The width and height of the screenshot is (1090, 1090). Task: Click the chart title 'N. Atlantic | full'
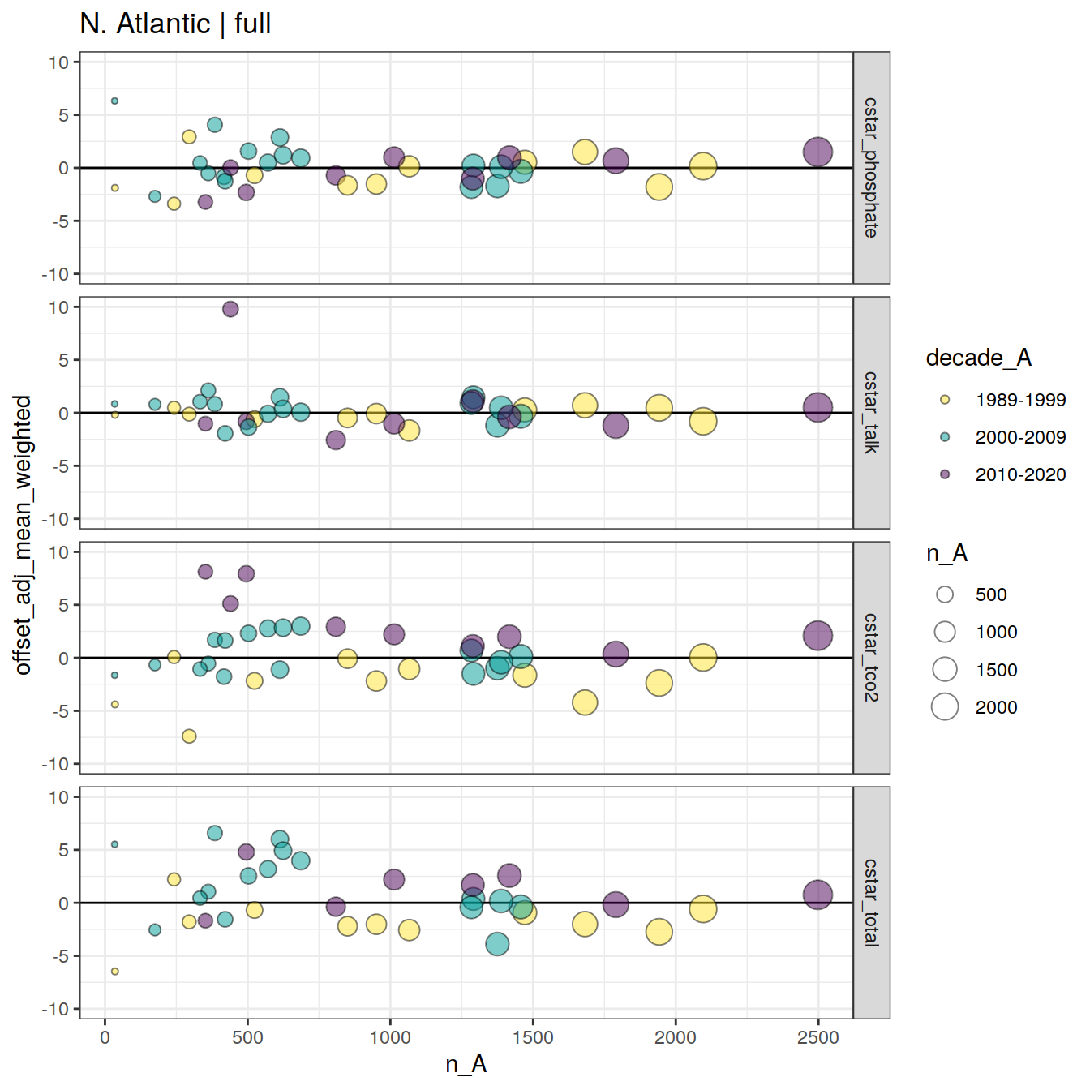pos(175,24)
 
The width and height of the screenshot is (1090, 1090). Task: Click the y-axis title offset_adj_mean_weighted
pos(23,535)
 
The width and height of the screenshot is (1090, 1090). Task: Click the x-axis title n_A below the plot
pos(466,1064)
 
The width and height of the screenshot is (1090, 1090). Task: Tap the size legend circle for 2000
pos(945,707)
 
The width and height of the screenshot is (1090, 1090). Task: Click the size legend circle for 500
pos(945,594)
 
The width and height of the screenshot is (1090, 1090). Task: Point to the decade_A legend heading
pos(978,358)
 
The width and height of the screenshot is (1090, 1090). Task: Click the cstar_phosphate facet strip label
pos(871,168)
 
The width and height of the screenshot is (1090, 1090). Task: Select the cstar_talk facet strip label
pos(871,413)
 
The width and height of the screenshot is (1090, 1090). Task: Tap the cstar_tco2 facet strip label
pos(871,658)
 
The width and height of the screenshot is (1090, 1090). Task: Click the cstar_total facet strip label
pos(871,903)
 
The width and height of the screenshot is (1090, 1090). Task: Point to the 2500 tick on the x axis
pos(818,1037)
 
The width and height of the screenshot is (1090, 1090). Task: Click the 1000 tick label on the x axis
pos(390,1037)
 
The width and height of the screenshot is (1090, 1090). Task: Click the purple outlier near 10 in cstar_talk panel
pos(230,309)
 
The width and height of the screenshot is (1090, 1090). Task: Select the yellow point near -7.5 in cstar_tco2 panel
pos(189,736)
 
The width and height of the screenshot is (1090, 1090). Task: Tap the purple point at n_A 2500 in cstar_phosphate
pos(817,152)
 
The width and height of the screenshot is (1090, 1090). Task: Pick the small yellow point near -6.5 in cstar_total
pos(115,971)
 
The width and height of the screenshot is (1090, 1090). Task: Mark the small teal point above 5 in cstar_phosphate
pos(115,101)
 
